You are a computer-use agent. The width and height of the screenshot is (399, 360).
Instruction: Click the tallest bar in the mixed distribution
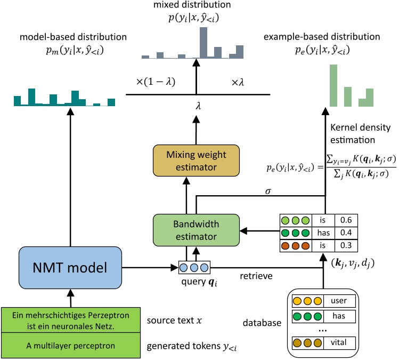203,42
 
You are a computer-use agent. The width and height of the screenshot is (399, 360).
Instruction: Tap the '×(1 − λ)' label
155,82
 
